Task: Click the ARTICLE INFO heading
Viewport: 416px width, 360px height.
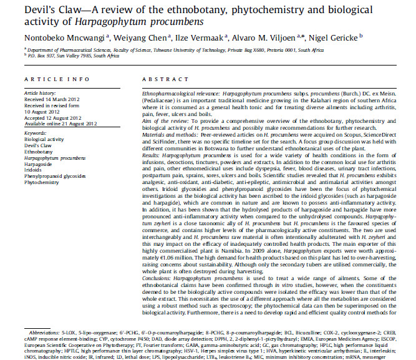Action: tap(51, 80)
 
